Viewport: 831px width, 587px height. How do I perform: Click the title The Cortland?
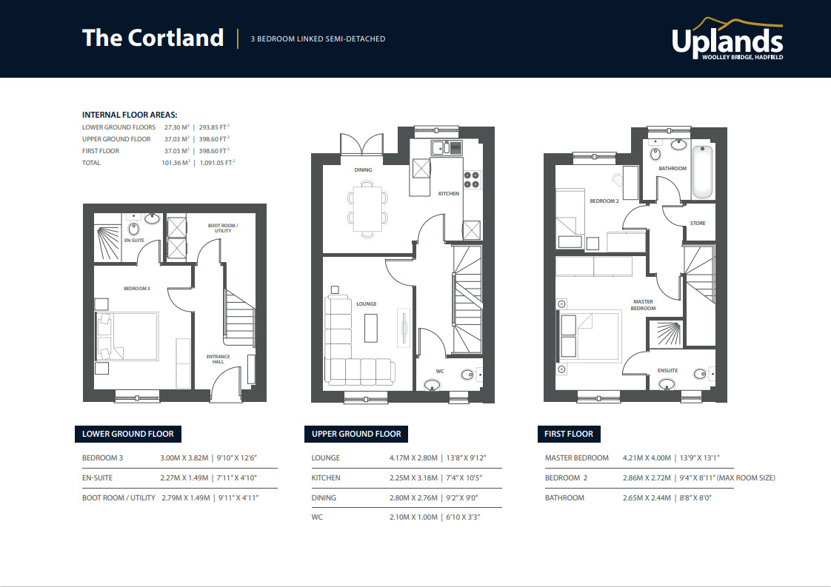pos(153,38)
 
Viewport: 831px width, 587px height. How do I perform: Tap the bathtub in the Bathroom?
pos(704,172)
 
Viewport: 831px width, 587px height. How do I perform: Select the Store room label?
pos(698,223)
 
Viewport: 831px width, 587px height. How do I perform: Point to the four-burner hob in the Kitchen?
pos(472,179)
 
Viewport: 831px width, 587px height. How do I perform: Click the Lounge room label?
pos(366,303)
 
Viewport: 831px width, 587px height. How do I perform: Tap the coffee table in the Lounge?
pos(371,328)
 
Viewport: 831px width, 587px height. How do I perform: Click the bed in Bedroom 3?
pos(127,336)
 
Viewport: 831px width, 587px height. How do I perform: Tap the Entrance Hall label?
pos(218,359)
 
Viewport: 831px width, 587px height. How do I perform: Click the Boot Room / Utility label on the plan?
pos(222,228)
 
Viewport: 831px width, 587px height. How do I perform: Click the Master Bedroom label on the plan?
pos(644,305)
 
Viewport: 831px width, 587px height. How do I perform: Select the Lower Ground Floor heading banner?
pos(128,434)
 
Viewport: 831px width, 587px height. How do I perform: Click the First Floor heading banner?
pos(568,434)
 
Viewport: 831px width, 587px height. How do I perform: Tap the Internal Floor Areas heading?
pos(130,115)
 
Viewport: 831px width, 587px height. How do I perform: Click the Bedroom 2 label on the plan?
pos(604,201)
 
